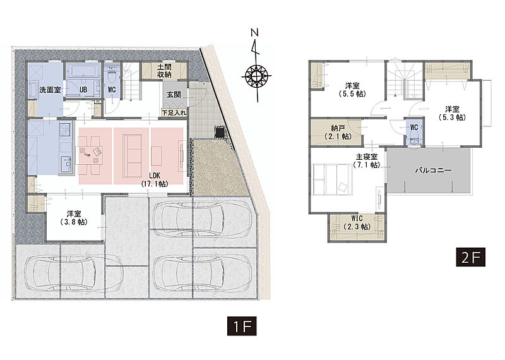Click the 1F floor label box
(x=242, y=326)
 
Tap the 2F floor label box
(x=470, y=257)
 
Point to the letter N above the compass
(x=255, y=33)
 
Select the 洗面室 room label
(x=50, y=90)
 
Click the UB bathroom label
(x=83, y=90)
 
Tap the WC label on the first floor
(x=112, y=89)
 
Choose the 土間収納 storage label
(x=164, y=71)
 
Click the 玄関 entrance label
(x=174, y=95)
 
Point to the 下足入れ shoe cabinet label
(x=174, y=113)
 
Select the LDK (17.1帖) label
(x=155, y=179)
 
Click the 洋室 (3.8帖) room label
(x=74, y=217)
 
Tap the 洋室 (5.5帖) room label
(x=352, y=90)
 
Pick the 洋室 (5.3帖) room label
(x=453, y=113)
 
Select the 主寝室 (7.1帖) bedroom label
(x=367, y=161)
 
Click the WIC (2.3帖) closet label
(x=357, y=223)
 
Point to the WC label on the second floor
(x=414, y=128)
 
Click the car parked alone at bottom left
(x=74, y=272)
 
